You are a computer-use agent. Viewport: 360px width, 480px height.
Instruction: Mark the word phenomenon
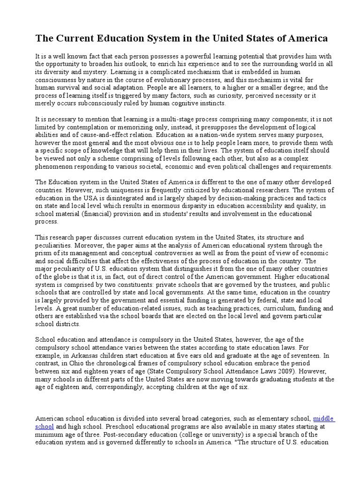(x=54, y=166)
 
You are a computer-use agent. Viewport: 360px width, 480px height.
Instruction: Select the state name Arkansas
(x=82, y=354)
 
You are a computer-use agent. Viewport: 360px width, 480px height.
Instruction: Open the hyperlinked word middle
(x=323, y=418)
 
